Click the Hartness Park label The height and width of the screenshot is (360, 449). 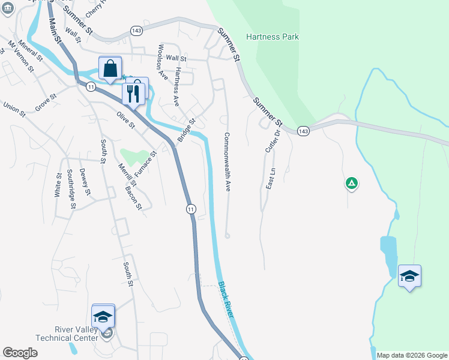coord(273,37)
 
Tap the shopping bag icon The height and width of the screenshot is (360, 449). coord(110,69)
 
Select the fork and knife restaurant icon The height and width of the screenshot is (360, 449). coord(133,93)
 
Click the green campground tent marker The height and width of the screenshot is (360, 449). coord(352,183)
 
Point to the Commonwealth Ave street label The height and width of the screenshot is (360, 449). coord(228,162)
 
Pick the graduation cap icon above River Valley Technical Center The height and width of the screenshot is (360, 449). coord(103,316)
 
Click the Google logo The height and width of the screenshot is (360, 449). coord(20,353)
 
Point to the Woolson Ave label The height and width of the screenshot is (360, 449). coord(161,61)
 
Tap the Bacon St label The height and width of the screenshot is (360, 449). coord(133,198)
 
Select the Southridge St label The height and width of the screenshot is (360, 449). coord(71,188)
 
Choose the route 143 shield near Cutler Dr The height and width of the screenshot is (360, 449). coord(303,131)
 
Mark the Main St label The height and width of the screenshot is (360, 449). coord(56,29)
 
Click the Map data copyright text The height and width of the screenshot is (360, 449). coord(412,355)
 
